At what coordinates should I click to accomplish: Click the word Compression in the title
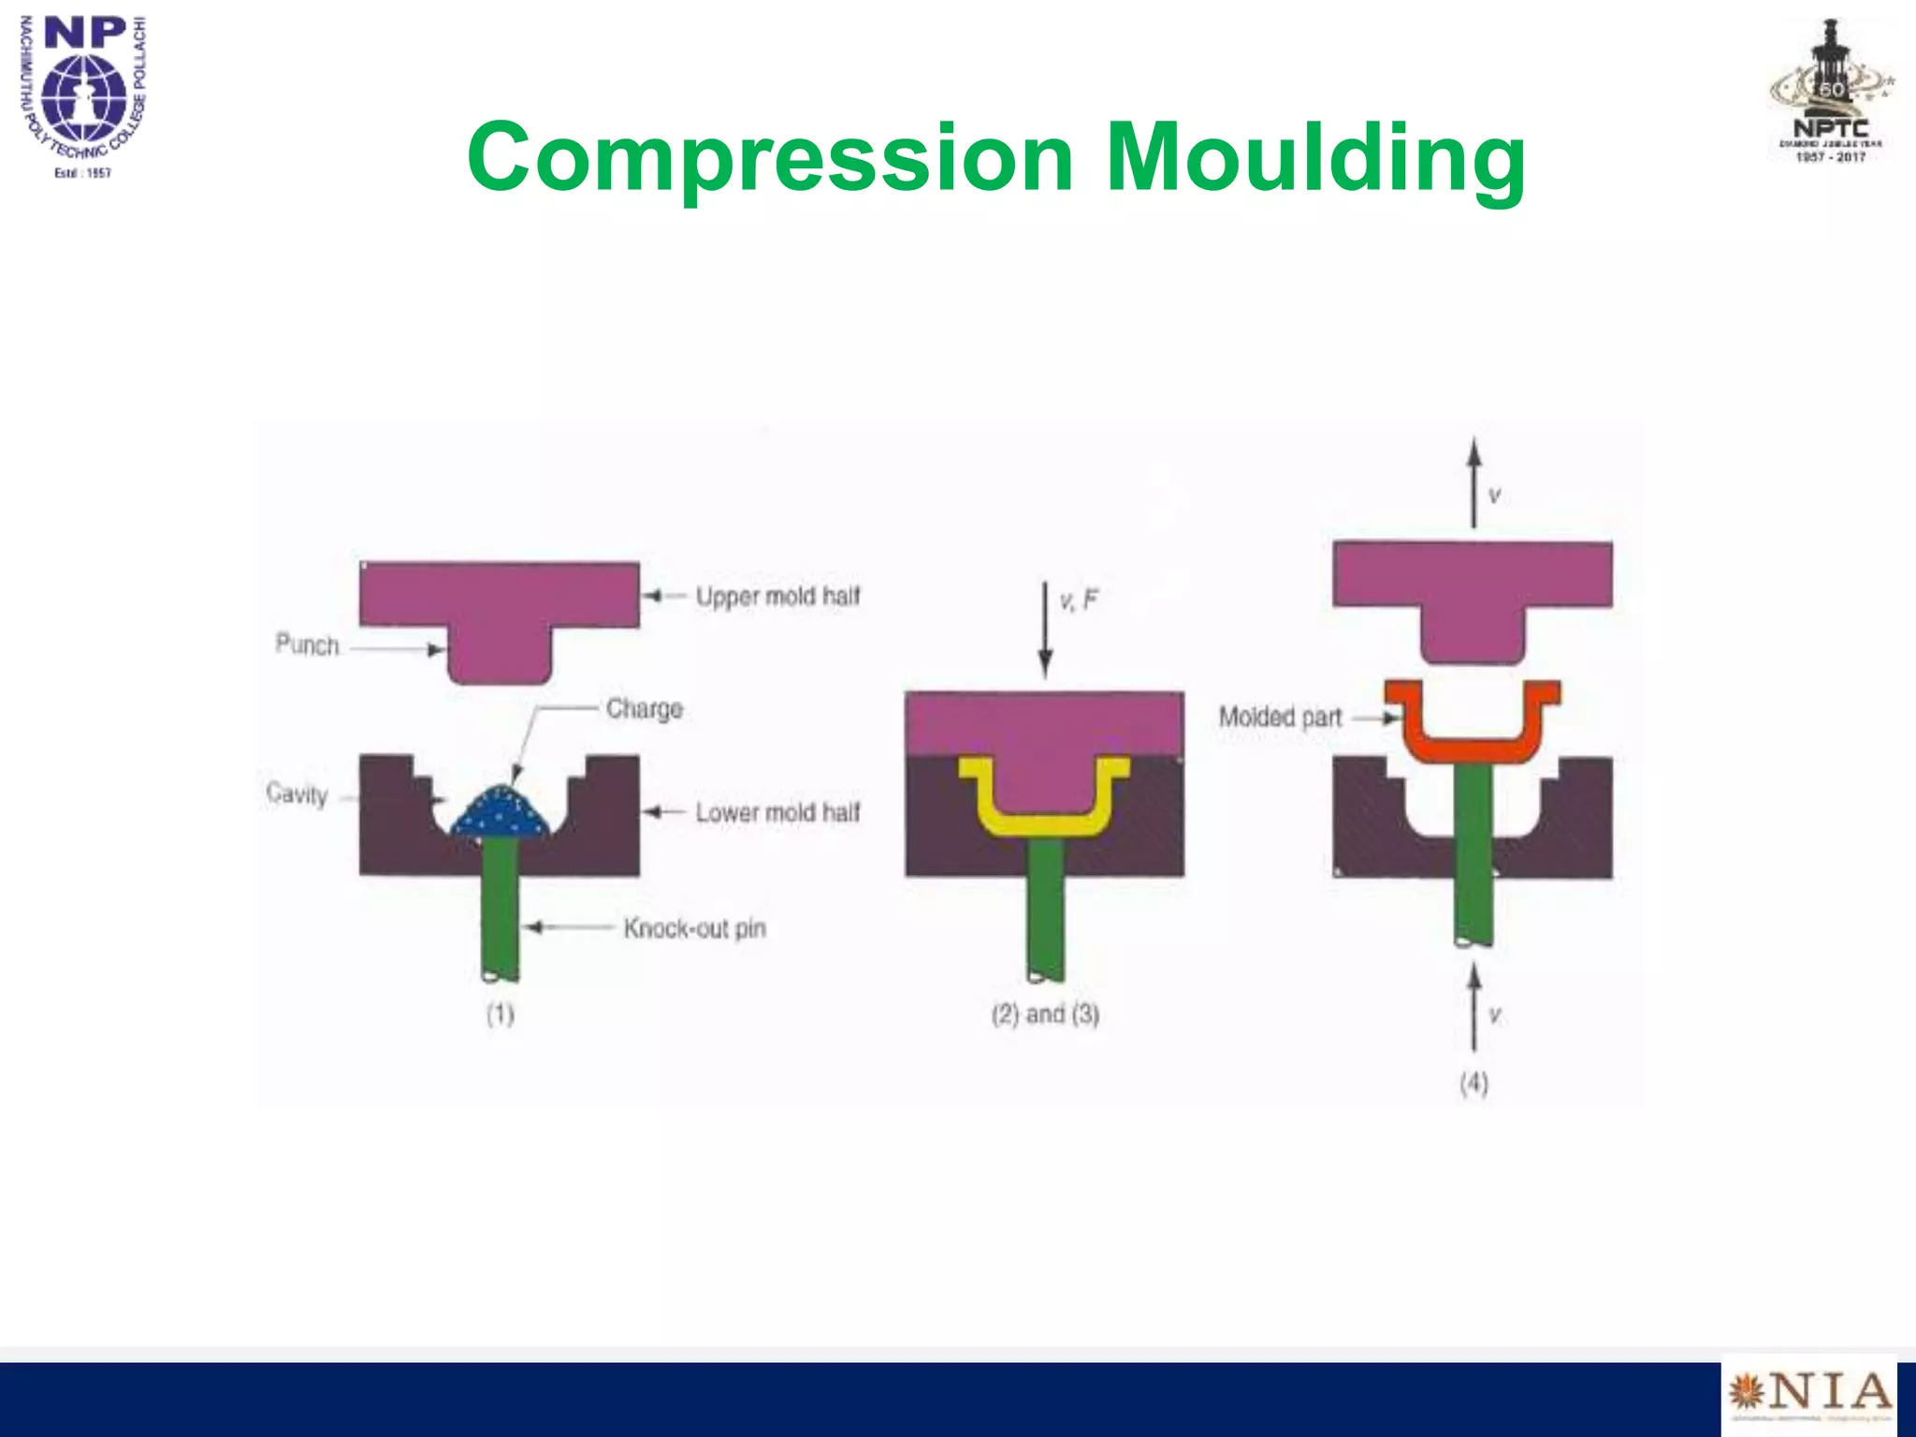pyautogui.click(x=769, y=157)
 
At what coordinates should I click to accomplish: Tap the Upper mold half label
pyautogui.click(x=777, y=596)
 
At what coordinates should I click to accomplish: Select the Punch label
pyautogui.click(x=307, y=645)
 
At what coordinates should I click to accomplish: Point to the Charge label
pyautogui.click(x=644, y=708)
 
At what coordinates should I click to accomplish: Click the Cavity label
pyautogui.click(x=297, y=794)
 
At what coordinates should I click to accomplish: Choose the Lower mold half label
pyautogui.click(x=777, y=812)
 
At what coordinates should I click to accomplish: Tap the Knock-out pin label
pyautogui.click(x=694, y=928)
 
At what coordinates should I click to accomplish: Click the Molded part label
pyautogui.click(x=1280, y=718)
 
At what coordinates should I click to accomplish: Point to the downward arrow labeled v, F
pyautogui.click(x=1046, y=627)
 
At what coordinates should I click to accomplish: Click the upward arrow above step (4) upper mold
pyautogui.click(x=1473, y=482)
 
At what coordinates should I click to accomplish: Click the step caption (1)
pyautogui.click(x=500, y=1014)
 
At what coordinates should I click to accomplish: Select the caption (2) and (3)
pyautogui.click(x=1045, y=1014)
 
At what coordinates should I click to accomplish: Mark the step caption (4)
pyautogui.click(x=1473, y=1083)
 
